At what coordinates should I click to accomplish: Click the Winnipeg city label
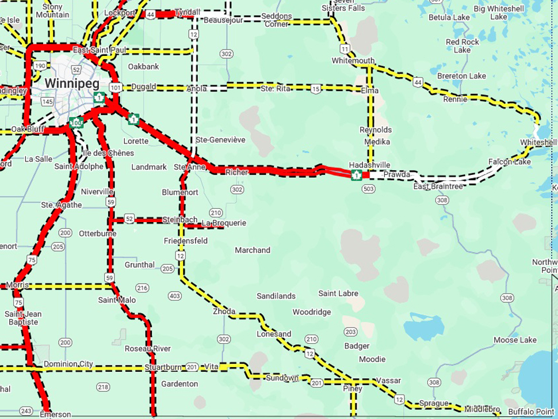point(68,83)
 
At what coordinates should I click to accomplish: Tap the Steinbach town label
point(180,220)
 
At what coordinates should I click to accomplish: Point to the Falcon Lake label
point(510,162)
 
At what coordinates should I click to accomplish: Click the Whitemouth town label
point(353,60)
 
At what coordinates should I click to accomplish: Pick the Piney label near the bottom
point(353,388)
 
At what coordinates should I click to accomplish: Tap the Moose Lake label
point(515,340)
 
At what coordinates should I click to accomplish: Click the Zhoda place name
point(224,311)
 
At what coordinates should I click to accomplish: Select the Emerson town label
point(56,414)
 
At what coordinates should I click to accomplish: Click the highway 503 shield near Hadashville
point(369,188)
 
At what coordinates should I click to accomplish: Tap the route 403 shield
point(175,296)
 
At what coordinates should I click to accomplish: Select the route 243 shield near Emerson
point(25,410)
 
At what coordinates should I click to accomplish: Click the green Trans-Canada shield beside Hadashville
point(357,174)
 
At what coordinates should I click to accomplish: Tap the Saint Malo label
point(117,300)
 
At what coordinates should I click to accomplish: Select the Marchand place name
point(253,250)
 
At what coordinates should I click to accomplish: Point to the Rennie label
point(455,99)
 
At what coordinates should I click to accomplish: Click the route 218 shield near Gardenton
point(103,387)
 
